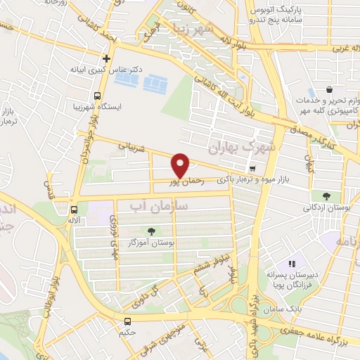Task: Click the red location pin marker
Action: click(181, 165)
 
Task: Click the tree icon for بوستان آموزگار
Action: click(151, 231)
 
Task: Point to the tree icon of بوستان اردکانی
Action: click(326, 195)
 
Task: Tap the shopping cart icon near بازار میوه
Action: click(252, 169)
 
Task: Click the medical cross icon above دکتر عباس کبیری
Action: click(106, 58)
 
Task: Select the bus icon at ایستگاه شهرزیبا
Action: click(98, 96)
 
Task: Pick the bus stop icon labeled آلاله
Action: click(75, 209)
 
